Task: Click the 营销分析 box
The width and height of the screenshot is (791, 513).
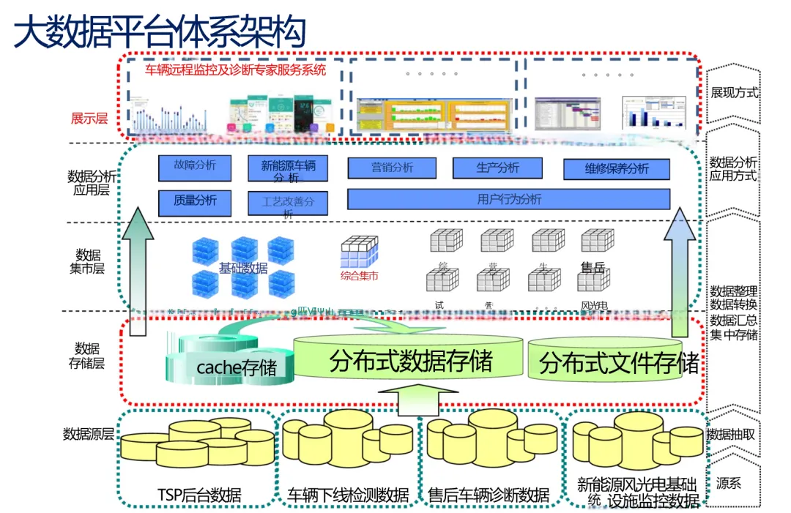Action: [x=392, y=168]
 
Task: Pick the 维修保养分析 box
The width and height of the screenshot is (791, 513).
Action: [x=617, y=169]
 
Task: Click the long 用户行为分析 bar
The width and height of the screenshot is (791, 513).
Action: [x=509, y=199]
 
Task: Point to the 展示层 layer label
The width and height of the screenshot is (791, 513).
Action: [x=89, y=118]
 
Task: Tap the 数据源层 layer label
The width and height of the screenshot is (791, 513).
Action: [x=88, y=434]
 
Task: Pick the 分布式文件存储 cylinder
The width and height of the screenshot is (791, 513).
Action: [x=605, y=364]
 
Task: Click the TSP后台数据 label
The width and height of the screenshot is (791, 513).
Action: [x=199, y=496]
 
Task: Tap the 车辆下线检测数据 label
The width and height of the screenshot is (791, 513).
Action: [x=348, y=496]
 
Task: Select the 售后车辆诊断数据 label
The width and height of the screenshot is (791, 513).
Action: [x=489, y=496]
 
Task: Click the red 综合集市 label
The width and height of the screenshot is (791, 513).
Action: [x=359, y=277]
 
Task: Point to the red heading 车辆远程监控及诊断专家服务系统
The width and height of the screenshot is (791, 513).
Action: [x=235, y=70]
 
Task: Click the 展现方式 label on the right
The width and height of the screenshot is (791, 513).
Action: [x=735, y=93]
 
